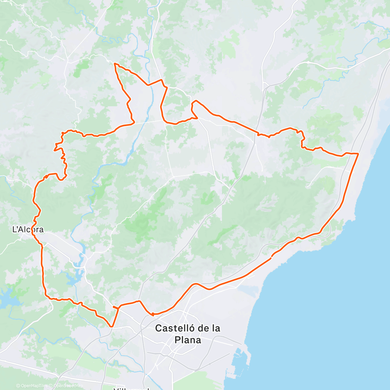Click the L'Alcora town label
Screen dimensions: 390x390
click(x=28, y=229)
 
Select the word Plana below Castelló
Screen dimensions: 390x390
click(x=188, y=340)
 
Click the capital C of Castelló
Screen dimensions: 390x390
click(x=158, y=328)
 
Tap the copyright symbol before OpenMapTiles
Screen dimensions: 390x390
click(x=18, y=386)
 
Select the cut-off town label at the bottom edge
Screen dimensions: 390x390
click(x=131, y=388)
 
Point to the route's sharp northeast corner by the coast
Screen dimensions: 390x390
click(x=358, y=153)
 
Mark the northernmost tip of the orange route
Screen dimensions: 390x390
click(x=115, y=64)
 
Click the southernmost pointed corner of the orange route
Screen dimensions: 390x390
click(x=111, y=326)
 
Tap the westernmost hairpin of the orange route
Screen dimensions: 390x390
click(x=54, y=149)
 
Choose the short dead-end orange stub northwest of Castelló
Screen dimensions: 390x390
click(x=115, y=307)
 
